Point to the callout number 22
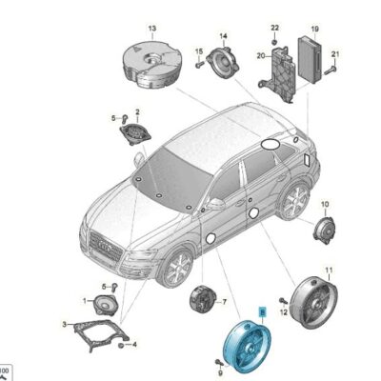274,28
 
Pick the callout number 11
329,272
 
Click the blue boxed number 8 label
264,311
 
